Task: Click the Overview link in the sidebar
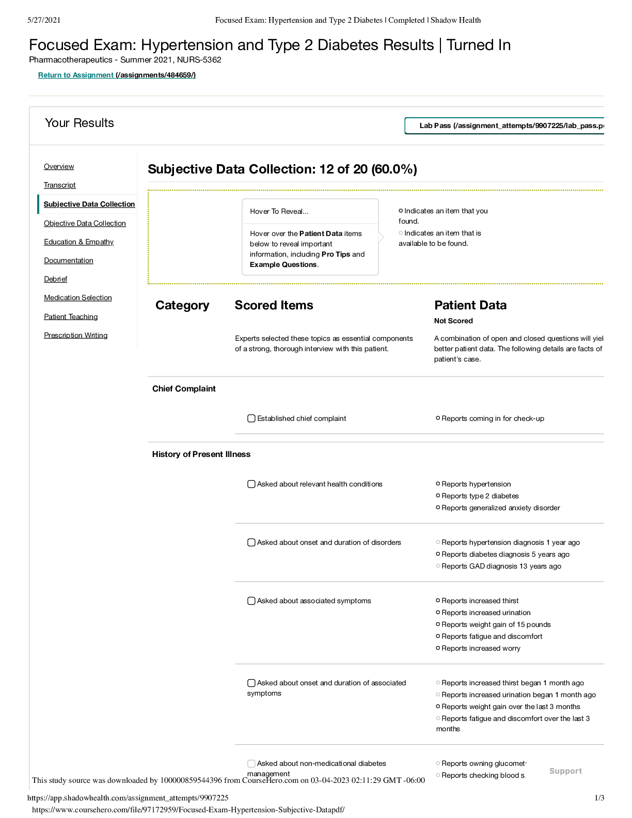pos(59,166)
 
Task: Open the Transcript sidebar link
pos(60,185)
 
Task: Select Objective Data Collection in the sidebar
pos(85,223)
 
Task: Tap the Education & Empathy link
pos(78,242)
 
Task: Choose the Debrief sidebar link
pos(56,279)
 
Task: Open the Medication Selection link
pos(78,297)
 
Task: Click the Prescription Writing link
pos(76,335)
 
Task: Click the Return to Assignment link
pos(76,75)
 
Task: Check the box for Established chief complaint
pos(251,418)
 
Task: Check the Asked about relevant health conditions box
pos(251,484)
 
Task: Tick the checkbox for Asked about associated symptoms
pos(251,601)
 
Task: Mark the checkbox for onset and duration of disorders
pos(251,542)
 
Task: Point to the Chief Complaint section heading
pos(184,389)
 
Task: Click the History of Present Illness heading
pos(201,454)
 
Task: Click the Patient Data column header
pos(470,305)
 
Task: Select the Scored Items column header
pos(274,305)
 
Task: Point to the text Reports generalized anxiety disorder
pos(500,508)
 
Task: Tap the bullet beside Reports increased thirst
pos(438,601)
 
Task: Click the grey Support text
pos(565,771)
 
